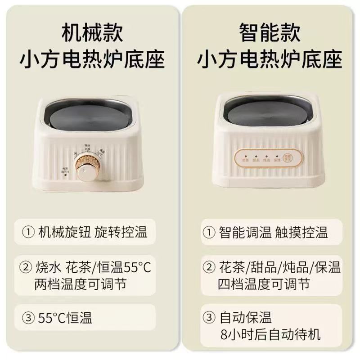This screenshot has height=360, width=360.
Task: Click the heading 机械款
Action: click(92, 34)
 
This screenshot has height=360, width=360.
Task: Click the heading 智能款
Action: click(270, 34)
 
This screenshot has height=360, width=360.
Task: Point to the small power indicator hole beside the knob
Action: click(66, 175)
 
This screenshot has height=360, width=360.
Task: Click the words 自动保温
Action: click(246, 319)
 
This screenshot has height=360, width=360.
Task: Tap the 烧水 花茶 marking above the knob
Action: click(86, 148)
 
